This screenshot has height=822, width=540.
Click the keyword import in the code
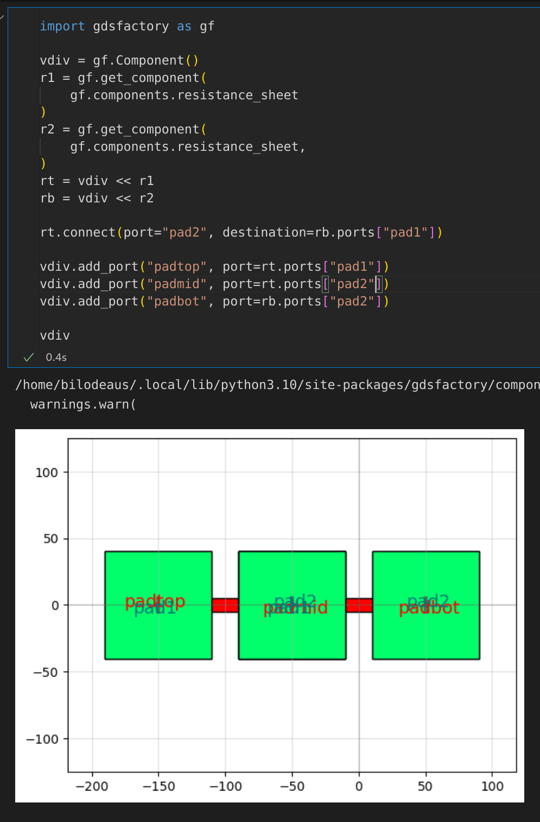[x=62, y=26]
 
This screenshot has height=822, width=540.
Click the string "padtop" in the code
[x=177, y=266]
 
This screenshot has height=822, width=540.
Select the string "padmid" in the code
[x=177, y=284]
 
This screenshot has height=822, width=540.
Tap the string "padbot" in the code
[x=177, y=301]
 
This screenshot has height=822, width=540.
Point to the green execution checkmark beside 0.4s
[x=29, y=357]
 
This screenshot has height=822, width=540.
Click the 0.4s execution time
[x=56, y=357]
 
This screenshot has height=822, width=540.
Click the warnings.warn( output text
[x=83, y=404]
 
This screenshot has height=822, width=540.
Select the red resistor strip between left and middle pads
[x=225, y=605]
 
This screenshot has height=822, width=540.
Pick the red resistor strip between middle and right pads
[x=359, y=605]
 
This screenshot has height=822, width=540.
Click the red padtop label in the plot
[x=155, y=601]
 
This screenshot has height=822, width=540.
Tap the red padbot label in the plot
[x=429, y=608]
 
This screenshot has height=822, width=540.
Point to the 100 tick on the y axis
[x=47, y=473]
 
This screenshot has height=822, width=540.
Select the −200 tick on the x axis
[x=92, y=786]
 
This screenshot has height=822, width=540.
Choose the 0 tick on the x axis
[x=359, y=786]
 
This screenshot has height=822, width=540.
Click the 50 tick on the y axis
[x=50, y=539]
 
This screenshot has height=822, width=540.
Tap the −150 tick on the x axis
[x=158, y=786]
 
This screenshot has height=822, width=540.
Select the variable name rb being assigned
[x=47, y=198]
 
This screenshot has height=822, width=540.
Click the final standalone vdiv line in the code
[x=55, y=335]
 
